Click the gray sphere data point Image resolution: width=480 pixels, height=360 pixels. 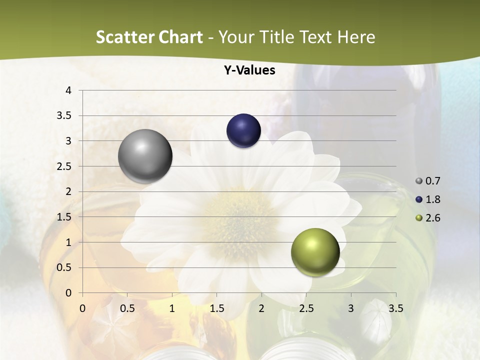coord(145,156)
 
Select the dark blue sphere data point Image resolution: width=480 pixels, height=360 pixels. coord(244,131)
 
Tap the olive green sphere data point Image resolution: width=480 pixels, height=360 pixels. coord(315,252)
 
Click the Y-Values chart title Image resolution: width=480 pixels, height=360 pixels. coord(249,70)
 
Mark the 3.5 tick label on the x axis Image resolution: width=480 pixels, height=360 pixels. coord(395,308)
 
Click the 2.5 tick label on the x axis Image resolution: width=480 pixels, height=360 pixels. coord(306,308)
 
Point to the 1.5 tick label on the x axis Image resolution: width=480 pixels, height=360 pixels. coord(217,308)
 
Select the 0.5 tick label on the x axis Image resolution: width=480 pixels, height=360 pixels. coord(127,308)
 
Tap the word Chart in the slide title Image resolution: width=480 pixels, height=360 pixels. coord(180,37)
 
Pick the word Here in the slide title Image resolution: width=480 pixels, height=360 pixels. coord(356,37)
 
